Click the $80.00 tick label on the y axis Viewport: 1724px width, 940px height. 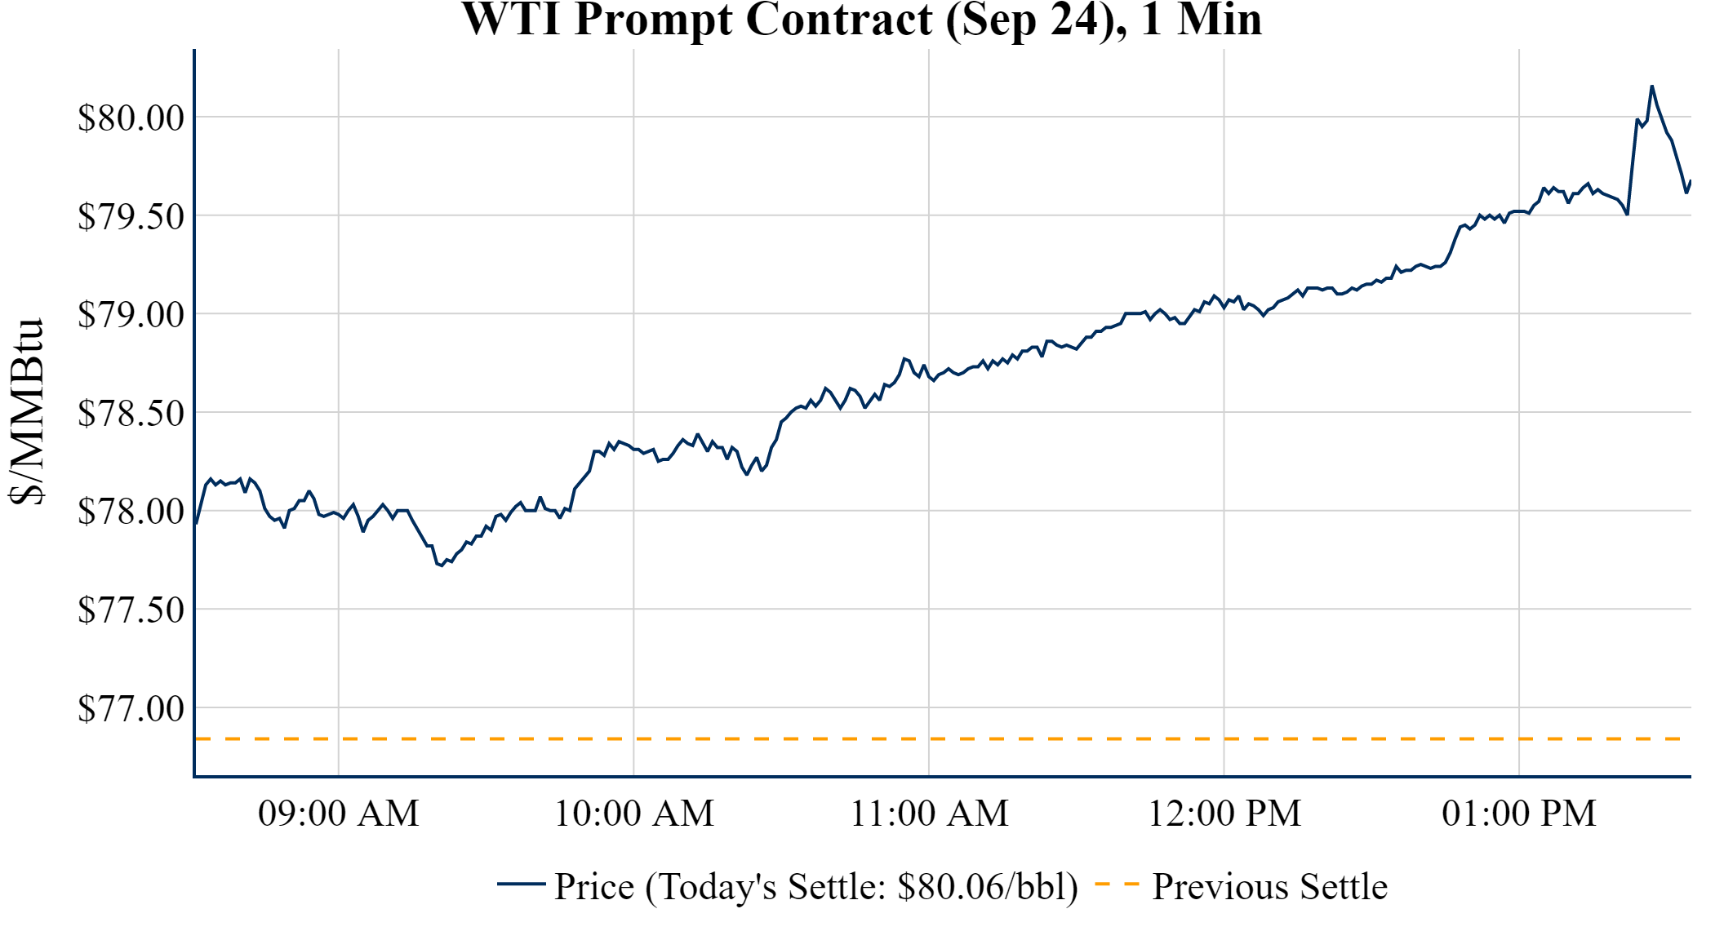pyautogui.click(x=131, y=118)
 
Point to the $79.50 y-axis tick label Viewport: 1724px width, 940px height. pyautogui.click(x=131, y=217)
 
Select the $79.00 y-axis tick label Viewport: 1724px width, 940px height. pyautogui.click(x=131, y=315)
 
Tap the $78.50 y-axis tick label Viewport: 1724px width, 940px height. pyautogui.click(x=131, y=414)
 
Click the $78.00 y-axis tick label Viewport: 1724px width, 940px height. pyautogui.click(x=131, y=512)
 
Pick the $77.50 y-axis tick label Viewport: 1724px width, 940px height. pyautogui.click(x=131, y=610)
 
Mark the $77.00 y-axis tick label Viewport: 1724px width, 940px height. pyautogui.click(x=131, y=709)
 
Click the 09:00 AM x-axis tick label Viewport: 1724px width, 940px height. pyautogui.click(x=339, y=814)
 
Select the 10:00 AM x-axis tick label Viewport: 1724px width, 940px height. pyautogui.click(x=634, y=814)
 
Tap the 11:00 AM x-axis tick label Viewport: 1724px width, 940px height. pyautogui.click(x=929, y=814)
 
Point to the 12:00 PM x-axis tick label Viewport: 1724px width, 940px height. pyautogui.click(x=1224, y=814)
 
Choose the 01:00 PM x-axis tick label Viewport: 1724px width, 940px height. pyautogui.click(x=1519, y=814)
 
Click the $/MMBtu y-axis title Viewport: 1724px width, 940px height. pyautogui.click(x=27, y=412)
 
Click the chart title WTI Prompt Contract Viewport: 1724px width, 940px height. pyautogui.click(x=862, y=20)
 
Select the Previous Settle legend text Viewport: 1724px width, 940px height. pyautogui.click(x=1269, y=887)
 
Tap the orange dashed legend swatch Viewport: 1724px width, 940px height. pyautogui.click(x=1117, y=885)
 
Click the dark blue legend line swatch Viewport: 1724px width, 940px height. pyautogui.click(x=521, y=884)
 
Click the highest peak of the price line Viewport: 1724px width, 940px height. pyautogui.click(x=1651, y=86)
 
